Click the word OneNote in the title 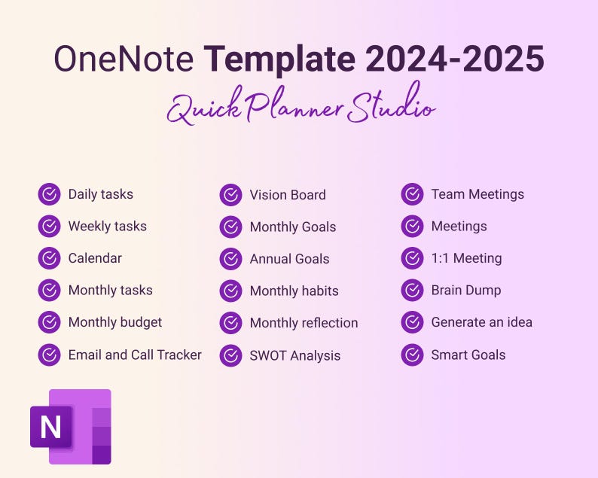[x=124, y=59]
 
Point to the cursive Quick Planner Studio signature [x=301, y=108]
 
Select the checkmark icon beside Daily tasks [x=49, y=194]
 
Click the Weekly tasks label [x=107, y=226]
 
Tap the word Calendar [x=95, y=258]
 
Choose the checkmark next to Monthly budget [x=49, y=322]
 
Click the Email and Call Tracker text [x=135, y=355]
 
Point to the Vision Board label [x=288, y=195]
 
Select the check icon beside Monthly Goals [x=230, y=227]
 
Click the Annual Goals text [x=289, y=259]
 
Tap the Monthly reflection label [x=304, y=323]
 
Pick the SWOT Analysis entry [x=294, y=355]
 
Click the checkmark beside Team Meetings [x=412, y=194]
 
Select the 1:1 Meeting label [x=466, y=258]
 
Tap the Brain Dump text [x=465, y=290]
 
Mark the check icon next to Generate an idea [x=412, y=322]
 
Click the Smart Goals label [x=468, y=355]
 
